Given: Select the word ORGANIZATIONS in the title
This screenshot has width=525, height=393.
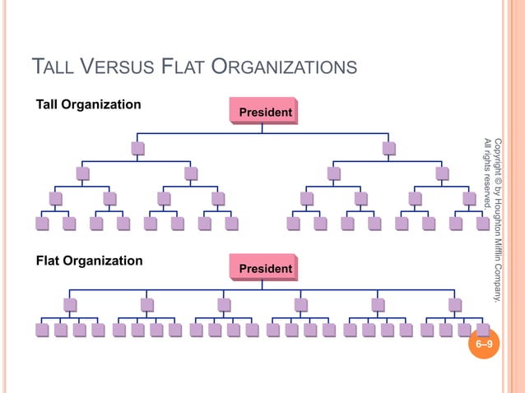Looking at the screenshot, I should click(284, 66).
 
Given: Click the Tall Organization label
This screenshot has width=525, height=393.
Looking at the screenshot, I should click(88, 104).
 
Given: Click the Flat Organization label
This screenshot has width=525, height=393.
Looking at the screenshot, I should click(89, 261).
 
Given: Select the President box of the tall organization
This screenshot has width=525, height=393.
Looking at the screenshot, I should click(262, 111).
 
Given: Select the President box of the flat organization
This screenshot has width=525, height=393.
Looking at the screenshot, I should click(262, 269).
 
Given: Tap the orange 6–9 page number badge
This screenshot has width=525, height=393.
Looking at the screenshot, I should click(486, 344).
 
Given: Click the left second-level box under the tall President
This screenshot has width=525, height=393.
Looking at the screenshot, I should click(137, 149).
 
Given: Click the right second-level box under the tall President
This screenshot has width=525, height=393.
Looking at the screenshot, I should click(388, 149).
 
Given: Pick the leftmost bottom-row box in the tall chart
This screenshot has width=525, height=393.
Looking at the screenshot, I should click(42, 223).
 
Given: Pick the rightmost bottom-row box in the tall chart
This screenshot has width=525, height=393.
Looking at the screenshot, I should click(483, 223).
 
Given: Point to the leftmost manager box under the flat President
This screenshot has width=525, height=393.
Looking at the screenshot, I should click(71, 305).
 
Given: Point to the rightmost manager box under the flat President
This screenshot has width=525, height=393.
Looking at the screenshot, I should click(455, 305).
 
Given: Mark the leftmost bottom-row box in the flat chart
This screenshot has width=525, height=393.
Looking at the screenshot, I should click(42, 331).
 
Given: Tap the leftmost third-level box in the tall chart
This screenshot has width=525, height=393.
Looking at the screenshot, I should click(82, 173).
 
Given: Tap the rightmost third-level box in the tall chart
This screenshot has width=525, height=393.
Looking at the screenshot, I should click(443, 173).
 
